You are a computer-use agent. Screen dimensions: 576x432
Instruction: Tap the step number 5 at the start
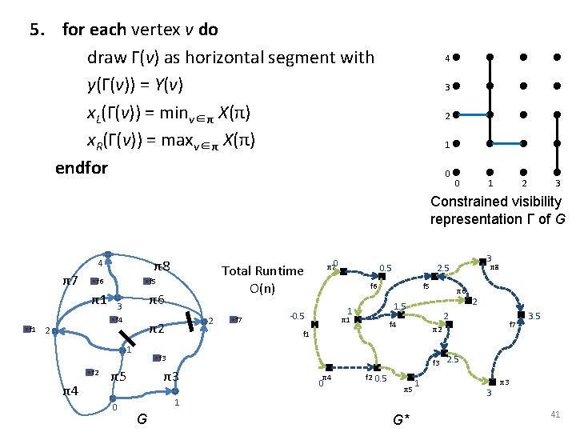(36, 30)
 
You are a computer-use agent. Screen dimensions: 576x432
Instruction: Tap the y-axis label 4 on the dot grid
(447, 58)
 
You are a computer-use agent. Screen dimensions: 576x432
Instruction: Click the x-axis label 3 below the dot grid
(557, 184)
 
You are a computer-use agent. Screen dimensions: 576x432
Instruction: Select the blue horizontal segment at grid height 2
(472, 115)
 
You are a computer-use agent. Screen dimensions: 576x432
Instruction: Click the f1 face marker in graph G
(31, 329)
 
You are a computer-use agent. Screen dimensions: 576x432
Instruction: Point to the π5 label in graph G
(118, 376)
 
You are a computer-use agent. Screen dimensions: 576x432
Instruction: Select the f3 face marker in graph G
(158, 358)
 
